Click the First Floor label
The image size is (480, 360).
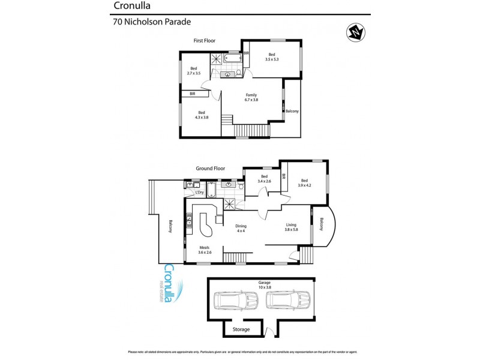pyautogui.click(x=204, y=41)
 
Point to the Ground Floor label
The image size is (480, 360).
pyautogui.click(x=209, y=169)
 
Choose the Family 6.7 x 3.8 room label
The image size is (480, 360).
pyautogui.click(x=251, y=98)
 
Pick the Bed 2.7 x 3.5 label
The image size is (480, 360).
pyautogui.click(x=194, y=71)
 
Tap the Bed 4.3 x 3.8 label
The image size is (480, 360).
pyautogui.click(x=202, y=115)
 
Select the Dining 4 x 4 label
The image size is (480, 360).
pyautogui.click(x=241, y=229)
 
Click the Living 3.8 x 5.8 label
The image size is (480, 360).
pyautogui.click(x=292, y=229)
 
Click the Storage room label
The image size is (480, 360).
pyautogui.click(x=242, y=329)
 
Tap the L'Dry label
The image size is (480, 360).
pyautogui.click(x=200, y=193)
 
